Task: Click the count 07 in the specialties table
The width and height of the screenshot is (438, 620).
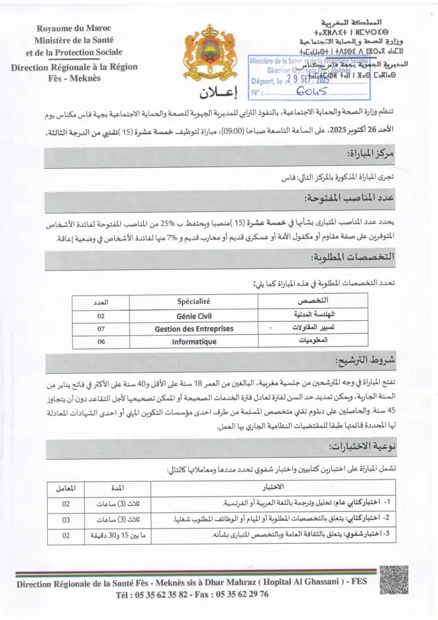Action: coord(100,328)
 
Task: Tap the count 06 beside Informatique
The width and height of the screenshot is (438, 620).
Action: coord(100,341)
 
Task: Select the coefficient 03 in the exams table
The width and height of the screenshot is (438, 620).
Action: coord(67,519)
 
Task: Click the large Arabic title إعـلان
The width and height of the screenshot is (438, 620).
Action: coord(219,94)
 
